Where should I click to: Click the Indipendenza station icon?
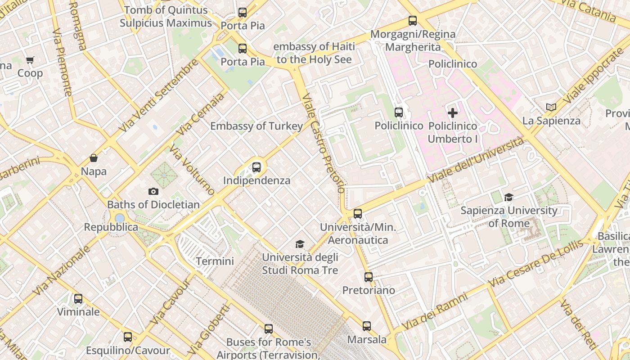[x=256, y=167]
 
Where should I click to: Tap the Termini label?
[x=215, y=261]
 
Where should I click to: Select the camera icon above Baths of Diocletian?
[x=153, y=191]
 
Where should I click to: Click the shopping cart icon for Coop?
[x=30, y=60]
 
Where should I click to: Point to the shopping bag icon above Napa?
[x=94, y=158]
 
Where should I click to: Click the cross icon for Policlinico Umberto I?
[x=453, y=113]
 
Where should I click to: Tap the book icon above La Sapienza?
[x=551, y=107]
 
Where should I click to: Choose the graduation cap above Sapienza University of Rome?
[x=508, y=197]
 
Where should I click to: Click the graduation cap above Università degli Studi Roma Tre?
[x=300, y=244]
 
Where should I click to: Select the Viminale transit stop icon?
[x=78, y=298]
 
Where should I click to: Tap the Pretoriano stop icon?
[x=369, y=277]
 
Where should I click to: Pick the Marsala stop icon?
[x=367, y=326]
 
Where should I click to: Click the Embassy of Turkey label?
[x=256, y=126]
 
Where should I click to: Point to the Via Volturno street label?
[x=192, y=170]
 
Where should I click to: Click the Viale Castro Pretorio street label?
[x=324, y=143]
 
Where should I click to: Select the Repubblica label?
[x=111, y=227]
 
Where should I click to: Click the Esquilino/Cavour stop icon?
[x=128, y=337]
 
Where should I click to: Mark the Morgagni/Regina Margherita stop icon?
[x=413, y=21]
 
